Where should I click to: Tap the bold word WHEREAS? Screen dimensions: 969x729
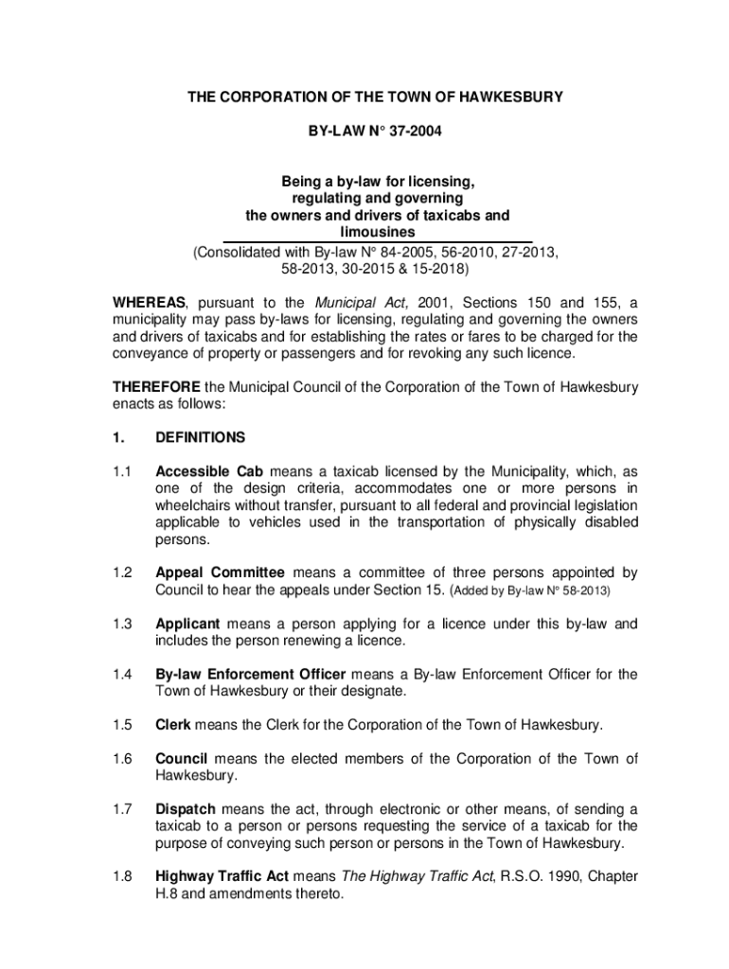coord(150,303)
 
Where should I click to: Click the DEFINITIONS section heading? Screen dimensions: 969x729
coord(200,437)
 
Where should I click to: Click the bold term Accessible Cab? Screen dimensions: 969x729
coord(209,471)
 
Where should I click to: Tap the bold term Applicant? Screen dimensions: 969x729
coord(187,624)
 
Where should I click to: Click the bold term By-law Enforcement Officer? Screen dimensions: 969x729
coord(251,675)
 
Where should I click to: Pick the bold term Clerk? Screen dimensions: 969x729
coord(173,725)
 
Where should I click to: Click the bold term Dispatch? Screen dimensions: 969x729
coord(186,809)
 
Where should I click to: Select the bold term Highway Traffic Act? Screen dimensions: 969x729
coord(222,877)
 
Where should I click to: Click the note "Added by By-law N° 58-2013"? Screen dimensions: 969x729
coord(529,590)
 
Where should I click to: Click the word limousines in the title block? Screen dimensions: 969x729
coord(377,233)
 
